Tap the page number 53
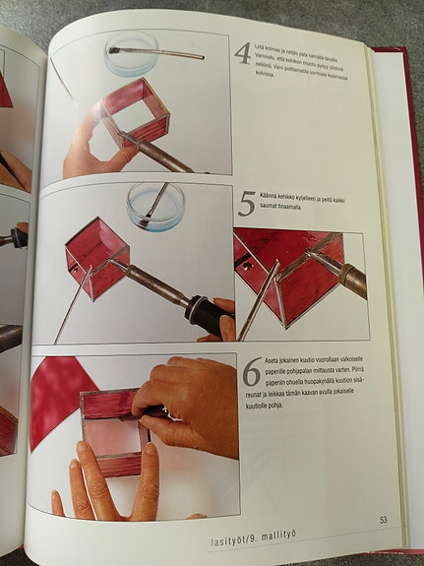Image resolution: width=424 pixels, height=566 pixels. [x=382, y=518]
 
